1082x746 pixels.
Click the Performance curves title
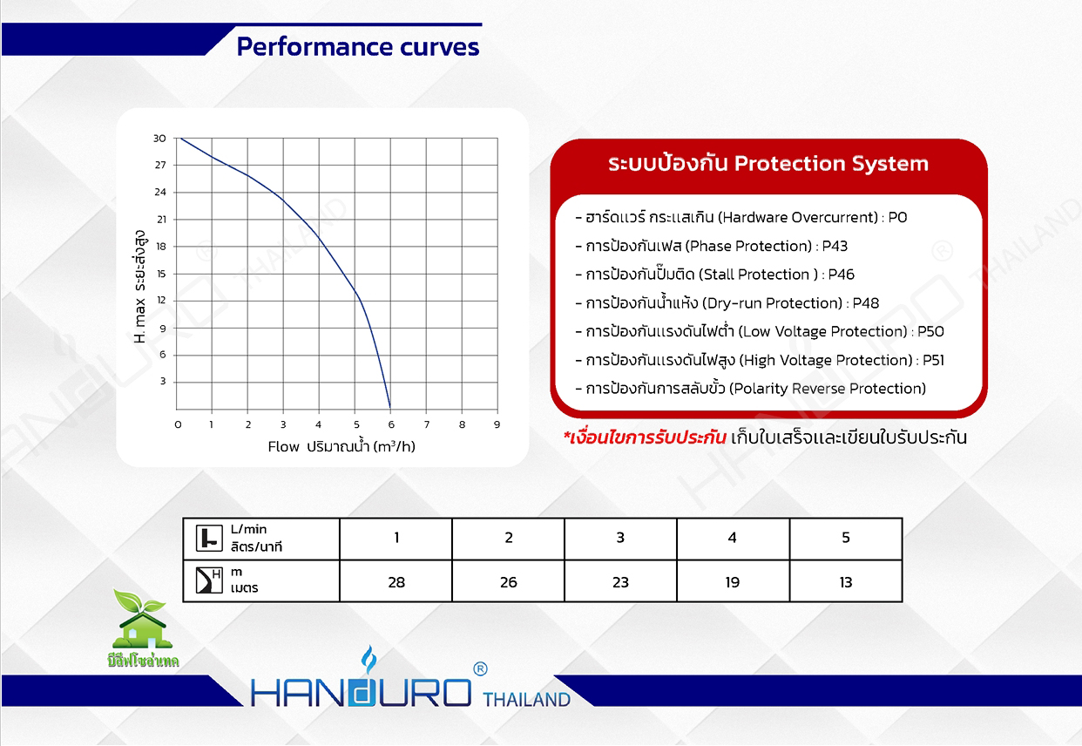(358, 46)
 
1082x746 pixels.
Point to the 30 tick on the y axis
(160, 139)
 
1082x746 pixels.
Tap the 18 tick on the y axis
(160, 247)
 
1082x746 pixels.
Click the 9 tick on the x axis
(497, 424)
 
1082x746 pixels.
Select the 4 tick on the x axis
(319, 424)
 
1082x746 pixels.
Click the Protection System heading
(768, 164)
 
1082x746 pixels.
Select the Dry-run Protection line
(727, 303)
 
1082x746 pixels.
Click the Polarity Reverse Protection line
(751, 389)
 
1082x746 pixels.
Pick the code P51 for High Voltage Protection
(933, 360)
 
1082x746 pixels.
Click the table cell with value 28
(396, 582)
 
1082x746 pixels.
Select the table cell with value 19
(733, 582)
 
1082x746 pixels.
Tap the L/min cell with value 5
(846, 538)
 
